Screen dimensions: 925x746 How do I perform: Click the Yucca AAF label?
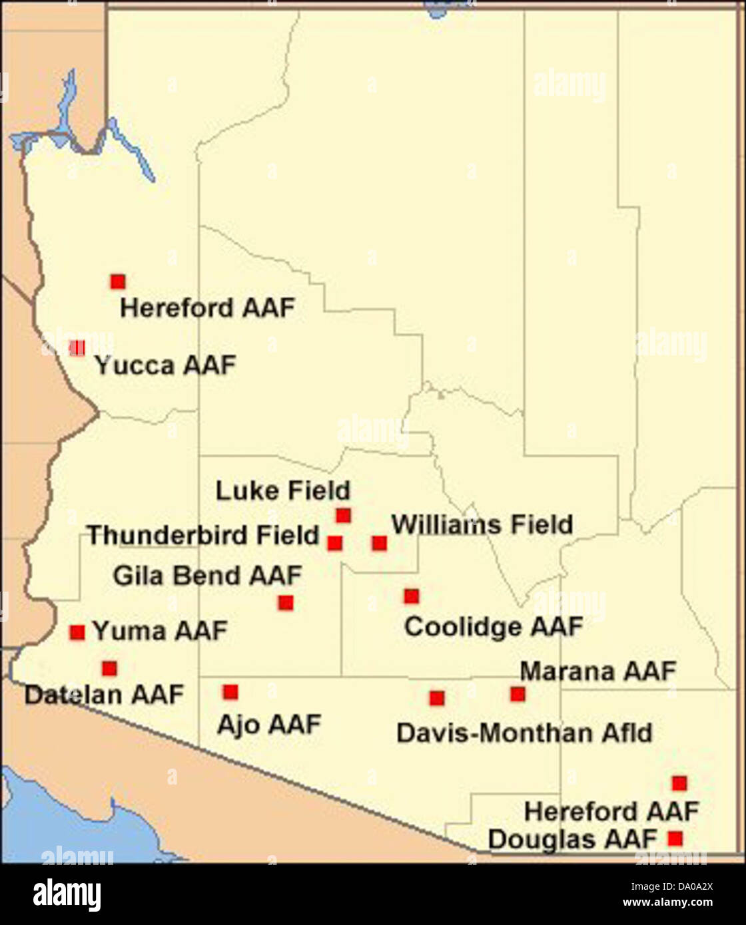[165, 365]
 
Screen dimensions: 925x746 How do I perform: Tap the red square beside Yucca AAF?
[77, 347]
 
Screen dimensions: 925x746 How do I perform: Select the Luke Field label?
[282, 491]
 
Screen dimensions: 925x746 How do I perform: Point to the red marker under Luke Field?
[343, 516]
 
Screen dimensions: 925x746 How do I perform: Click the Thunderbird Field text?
[203, 535]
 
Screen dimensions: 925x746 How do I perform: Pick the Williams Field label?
[482, 524]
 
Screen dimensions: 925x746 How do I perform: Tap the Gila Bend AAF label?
[207, 576]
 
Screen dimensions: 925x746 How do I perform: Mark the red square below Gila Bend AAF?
[286, 603]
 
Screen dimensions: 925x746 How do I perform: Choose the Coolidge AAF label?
[494, 627]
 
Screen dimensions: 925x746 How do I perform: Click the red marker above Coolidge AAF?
[412, 596]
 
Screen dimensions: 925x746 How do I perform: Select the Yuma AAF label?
[160, 631]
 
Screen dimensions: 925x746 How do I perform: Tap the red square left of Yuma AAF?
[77, 632]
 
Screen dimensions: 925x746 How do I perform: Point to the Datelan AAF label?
[104, 695]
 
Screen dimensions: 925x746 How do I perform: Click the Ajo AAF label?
[269, 725]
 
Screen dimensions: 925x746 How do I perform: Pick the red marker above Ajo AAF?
[230, 692]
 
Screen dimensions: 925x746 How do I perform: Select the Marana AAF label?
[597, 671]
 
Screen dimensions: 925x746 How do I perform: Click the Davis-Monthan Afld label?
[524, 733]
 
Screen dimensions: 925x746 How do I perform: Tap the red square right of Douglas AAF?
[675, 838]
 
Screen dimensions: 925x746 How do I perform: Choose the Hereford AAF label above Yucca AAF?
[207, 308]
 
